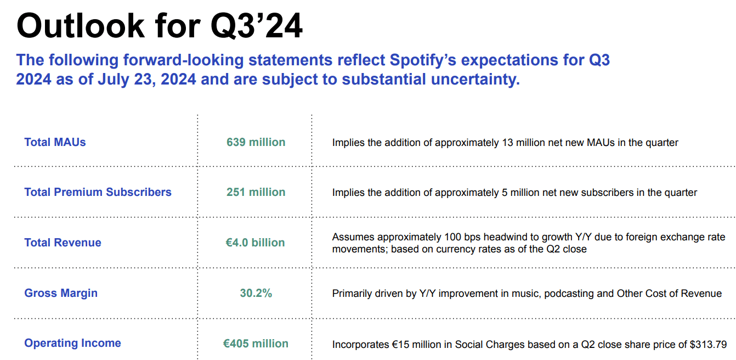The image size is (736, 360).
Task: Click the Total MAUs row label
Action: [55, 142]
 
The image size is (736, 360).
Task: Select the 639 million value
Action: [256, 142]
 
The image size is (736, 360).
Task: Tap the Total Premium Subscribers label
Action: [98, 192]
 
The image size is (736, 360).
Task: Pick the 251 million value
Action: [256, 192]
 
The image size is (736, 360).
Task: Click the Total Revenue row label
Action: [63, 243]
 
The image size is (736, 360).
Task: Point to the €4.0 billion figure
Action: [255, 243]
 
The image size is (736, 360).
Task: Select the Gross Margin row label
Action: [61, 293]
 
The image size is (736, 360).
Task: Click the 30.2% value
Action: [256, 293]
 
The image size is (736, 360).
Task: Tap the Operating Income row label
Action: [72, 343]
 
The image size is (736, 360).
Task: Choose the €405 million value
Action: [255, 344]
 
